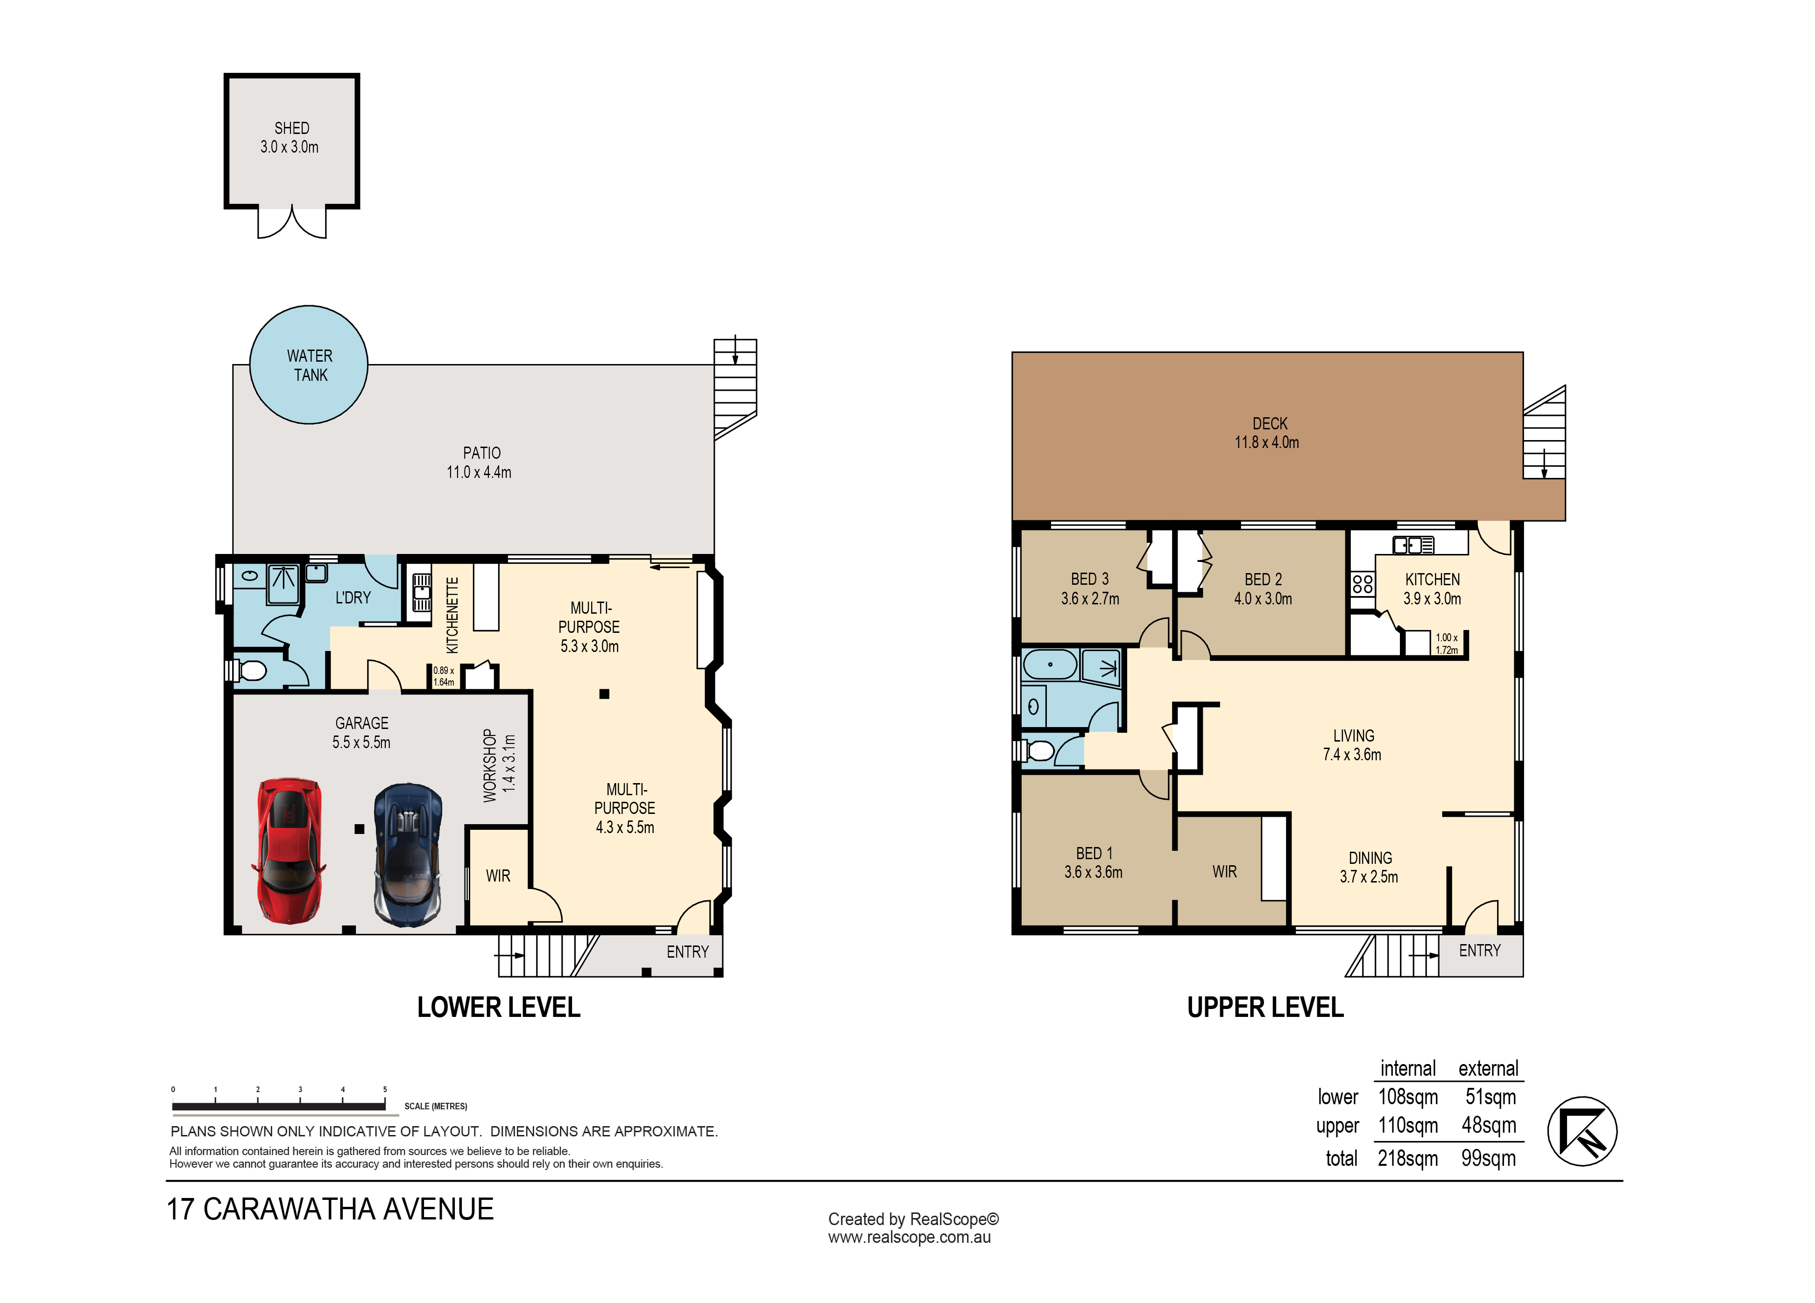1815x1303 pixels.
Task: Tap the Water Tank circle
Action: click(309, 365)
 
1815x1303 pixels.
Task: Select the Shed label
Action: click(291, 128)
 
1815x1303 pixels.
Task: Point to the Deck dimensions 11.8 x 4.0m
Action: click(1267, 442)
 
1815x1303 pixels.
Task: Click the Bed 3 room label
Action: click(1090, 579)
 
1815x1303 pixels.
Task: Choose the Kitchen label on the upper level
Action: click(1433, 579)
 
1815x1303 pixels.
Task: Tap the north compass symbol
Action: click(1582, 1131)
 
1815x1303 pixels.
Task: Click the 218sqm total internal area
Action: click(1408, 1158)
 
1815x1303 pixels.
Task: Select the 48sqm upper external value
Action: click(1489, 1126)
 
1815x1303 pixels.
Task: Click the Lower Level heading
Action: click(499, 1007)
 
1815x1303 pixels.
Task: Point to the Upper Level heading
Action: click(1265, 1007)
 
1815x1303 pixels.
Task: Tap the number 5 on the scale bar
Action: click(385, 1089)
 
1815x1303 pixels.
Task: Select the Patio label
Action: click(482, 453)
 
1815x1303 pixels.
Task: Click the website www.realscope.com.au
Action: click(909, 1237)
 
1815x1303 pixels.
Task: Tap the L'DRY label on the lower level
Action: click(353, 597)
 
